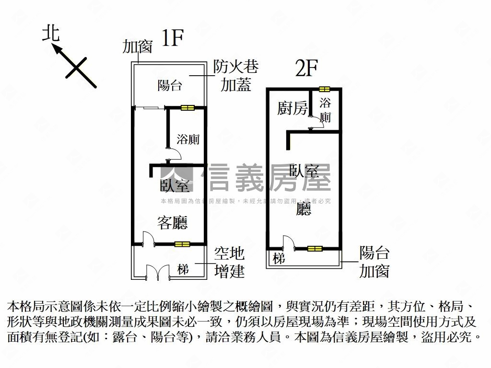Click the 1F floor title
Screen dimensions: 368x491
pos(172,38)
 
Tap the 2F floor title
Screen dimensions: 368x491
pos(306,69)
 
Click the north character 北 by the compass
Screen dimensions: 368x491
pos(51,34)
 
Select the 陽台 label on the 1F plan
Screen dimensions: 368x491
pos(169,86)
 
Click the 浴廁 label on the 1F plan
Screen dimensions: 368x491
pos(188,139)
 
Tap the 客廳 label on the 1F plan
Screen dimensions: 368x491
pos(172,222)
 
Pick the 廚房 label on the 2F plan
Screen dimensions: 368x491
pos(292,109)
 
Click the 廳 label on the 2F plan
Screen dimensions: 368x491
pos(304,208)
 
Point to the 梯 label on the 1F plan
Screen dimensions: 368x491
pos(183,269)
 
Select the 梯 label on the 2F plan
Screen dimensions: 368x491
pos(279,258)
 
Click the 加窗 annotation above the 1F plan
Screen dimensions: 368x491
pos(137,46)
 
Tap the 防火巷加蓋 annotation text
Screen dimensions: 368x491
pos(235,76)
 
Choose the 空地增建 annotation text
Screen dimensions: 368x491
pos(229,262)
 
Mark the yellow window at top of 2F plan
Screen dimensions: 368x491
pos(325,89)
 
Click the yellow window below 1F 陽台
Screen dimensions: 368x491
pos(187,108)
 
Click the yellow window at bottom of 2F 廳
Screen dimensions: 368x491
pos(315,248)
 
